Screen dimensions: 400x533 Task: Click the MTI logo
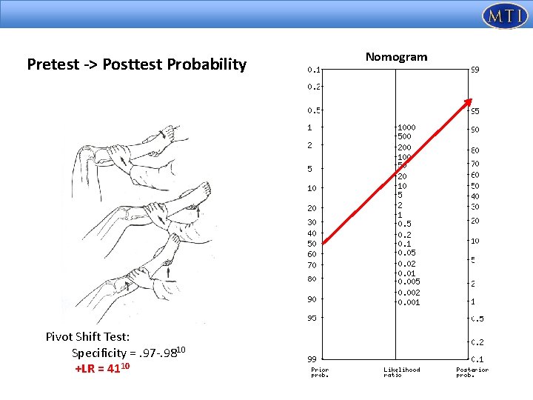pyautogui.click(x=504, y=16)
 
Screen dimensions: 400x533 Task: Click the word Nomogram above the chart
pyautogui.click(x=396, y=57)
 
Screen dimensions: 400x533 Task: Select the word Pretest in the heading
pyautogui.click(x=51, y=64)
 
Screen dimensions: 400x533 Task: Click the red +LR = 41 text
pyautogui.click(x=103, y=368)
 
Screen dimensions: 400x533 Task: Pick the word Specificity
pyautogui.click(x=101, y=353)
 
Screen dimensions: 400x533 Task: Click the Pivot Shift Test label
pyautogui.click(x=87, y=337)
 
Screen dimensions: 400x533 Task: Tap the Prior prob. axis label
pyautogui.click(x=320, y=372)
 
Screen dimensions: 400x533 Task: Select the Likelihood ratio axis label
pyautogui.click(x=401, y=372)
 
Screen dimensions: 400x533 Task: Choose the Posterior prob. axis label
pyautogui.click(x=472, y=372)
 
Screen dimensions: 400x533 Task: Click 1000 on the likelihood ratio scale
pyautogui.click(x=406, y=127)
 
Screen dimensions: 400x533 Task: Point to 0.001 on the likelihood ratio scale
pyautogui.click(x=409, y=302)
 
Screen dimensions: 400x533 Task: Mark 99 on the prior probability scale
pyautogui.click(x=312, y=358)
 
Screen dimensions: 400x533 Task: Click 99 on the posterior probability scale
pyautogui.click(x=475, y=70)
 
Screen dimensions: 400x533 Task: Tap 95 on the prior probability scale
pyautogui.click(x=312, y=318)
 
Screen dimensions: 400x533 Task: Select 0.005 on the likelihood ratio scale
pyautogui.click(x=409, y=282)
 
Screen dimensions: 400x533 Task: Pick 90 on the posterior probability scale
pyautogui.click(x=475, y=130)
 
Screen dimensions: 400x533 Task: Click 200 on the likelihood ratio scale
pyautogui.click(x=404, y=147)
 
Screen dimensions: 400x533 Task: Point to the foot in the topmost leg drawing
pyautogui.click(x=169, y=136)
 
